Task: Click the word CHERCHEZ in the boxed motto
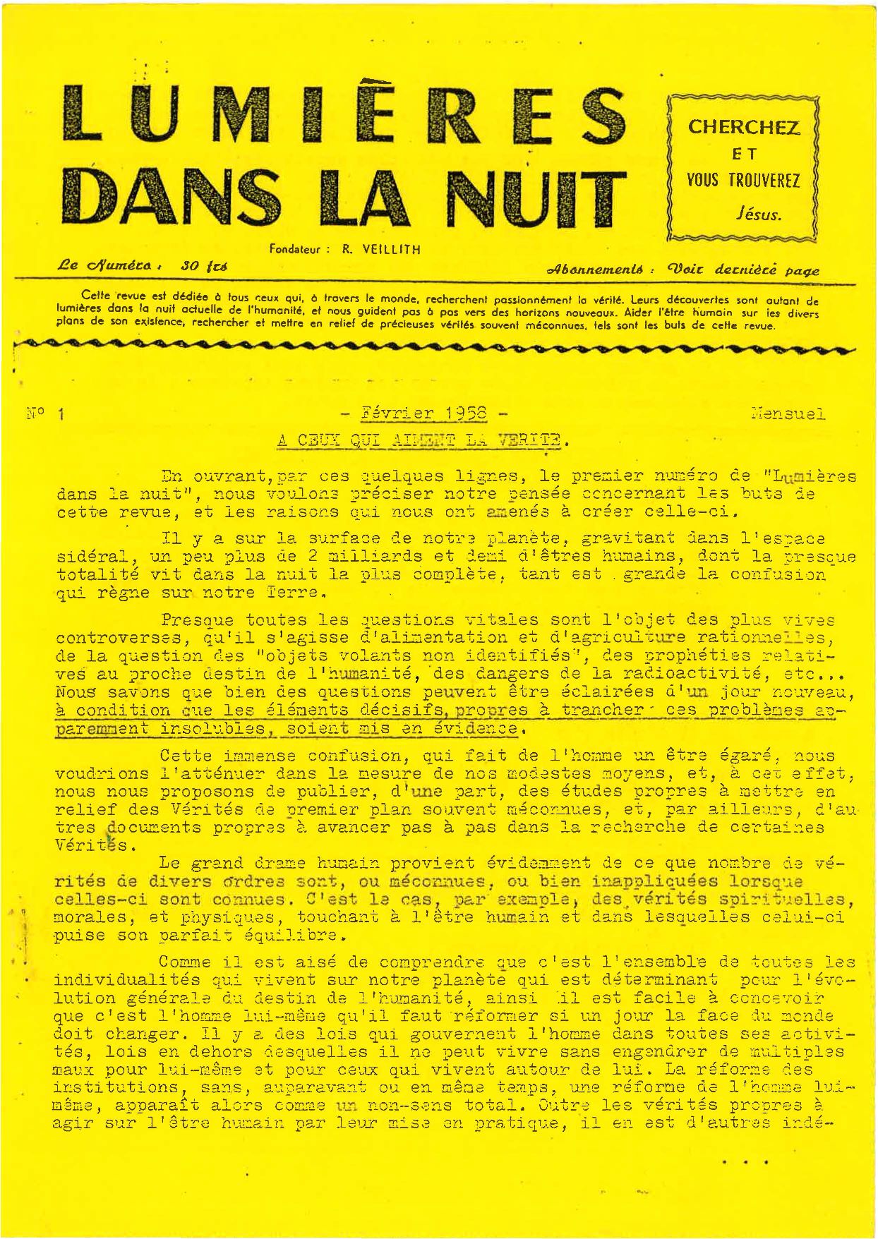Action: [x=744, y=128]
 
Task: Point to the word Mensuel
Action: [x=788, y=414]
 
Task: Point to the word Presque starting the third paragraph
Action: [x=197, y=620]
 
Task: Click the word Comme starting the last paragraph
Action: [x=186, y=962]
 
